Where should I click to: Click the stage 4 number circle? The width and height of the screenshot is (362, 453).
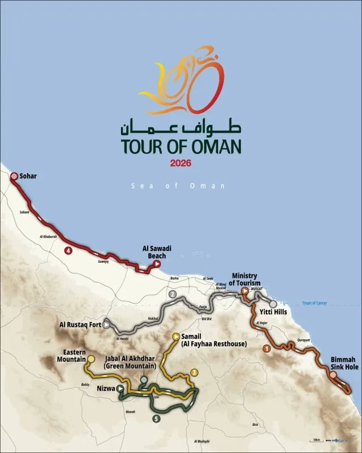tap(68, 250)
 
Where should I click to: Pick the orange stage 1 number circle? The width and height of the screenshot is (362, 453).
tap(266, 348)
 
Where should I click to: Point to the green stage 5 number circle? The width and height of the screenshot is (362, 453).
tap(156, 418)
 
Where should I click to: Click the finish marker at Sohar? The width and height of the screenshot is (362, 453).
tap(15, 176)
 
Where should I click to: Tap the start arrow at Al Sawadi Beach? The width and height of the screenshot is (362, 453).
tap(157, 263)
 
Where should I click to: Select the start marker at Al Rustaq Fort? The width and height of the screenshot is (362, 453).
tap(106, 325)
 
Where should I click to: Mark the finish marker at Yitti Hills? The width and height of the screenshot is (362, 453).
tap(273, 304)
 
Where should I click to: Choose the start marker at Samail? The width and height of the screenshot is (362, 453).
tap(175, 336)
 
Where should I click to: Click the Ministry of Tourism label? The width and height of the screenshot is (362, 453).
tap(245, 279)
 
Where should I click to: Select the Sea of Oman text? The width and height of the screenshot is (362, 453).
tap(178, 186)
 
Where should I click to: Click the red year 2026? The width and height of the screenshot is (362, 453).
tap(180, 164)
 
